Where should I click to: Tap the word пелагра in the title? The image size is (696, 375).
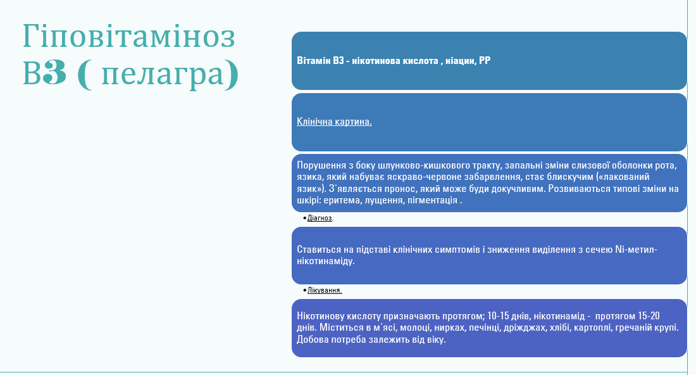[x=163, y=73]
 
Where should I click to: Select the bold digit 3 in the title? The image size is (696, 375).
[x=55, y=72]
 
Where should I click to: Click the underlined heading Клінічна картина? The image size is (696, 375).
[x=334, y=122]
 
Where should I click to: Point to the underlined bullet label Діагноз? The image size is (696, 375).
[x=320, y=218]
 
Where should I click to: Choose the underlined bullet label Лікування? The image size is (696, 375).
[x=325, y=290]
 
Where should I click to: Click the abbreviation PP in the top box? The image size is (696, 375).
[x=485, y=60]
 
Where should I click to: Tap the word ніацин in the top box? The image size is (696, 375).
[x=460, y=60]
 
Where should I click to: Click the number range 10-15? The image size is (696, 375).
[x=498, y=316]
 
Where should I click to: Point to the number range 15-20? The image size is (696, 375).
[x=649, y=316]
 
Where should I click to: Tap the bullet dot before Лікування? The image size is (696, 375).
[x=304, y=291]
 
